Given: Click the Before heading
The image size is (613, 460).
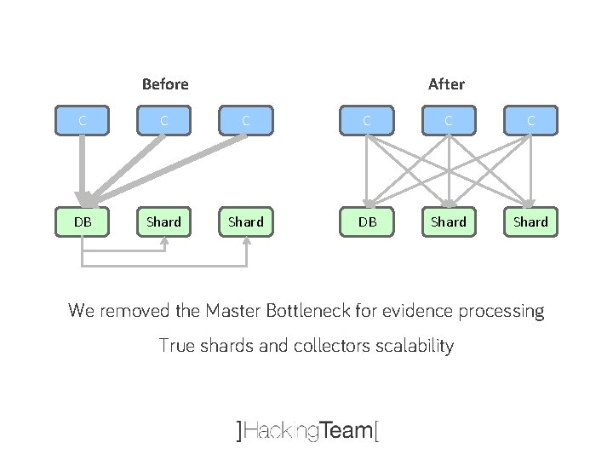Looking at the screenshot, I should [x=165, y=84].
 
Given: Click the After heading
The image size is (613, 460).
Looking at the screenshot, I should [x=446, y=84].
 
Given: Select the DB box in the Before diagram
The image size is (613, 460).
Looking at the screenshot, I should [x=83, y=221].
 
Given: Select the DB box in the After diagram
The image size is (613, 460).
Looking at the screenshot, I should [x=367, y=221].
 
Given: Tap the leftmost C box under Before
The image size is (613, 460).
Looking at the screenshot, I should [x=83, y=120].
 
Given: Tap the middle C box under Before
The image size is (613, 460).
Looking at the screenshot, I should [x=164, y=120].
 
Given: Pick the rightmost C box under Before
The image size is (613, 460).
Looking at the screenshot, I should [x=246, y=120].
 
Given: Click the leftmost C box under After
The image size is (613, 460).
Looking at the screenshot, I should [x=367, y=120].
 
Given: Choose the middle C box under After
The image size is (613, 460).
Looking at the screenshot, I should [x=449, y=120].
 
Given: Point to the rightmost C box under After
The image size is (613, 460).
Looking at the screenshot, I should [x=530, y=120].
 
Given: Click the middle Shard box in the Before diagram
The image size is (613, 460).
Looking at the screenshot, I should [x=164, y=221].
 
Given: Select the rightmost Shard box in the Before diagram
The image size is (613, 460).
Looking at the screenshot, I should [x=246, y=221].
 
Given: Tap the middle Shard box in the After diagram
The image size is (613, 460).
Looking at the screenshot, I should [x=449, y=221].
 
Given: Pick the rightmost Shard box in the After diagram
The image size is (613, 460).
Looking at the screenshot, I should [x=530, y=221].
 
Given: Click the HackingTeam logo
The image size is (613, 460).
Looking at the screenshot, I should [x=306, y=431].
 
